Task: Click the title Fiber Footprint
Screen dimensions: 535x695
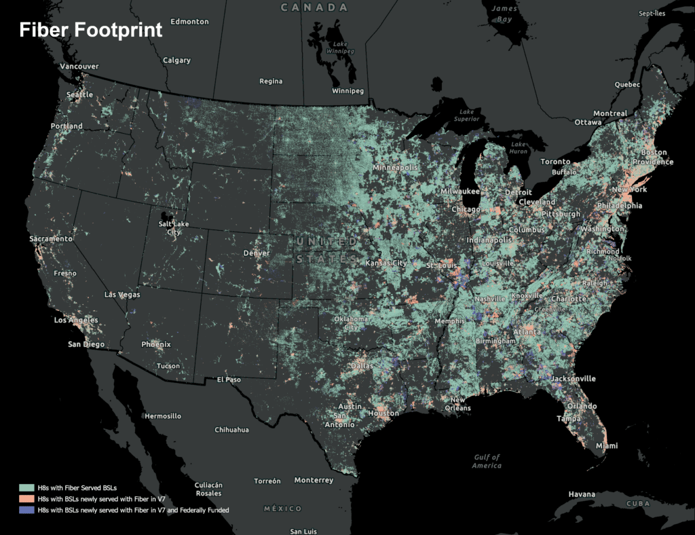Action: tap(90, 30)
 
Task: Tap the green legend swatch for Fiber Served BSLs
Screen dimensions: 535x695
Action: tap(27, 488)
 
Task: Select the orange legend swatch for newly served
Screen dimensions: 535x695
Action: tap(27, 499)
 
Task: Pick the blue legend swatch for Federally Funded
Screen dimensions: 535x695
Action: tap(27, 510)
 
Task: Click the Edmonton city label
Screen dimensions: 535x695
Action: tap(189, 22)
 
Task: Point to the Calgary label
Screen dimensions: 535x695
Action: tap(176, 60)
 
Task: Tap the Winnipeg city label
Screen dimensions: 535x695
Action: tap(347, 91)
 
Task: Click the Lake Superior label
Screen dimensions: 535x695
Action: tap(466, 115)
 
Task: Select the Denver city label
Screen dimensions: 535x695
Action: tap(256, 253)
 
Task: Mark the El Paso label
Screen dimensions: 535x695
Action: tap(229, 380)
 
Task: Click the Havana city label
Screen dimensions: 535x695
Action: tap(582, 493)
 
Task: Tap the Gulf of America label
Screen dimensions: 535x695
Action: tap(487, 462)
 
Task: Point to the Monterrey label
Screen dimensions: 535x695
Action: tap(314, 480)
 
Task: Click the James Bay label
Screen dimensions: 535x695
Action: tap(503, 14)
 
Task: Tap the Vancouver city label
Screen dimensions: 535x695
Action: tap(79, 67)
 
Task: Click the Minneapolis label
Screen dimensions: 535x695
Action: tap(394, 167)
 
